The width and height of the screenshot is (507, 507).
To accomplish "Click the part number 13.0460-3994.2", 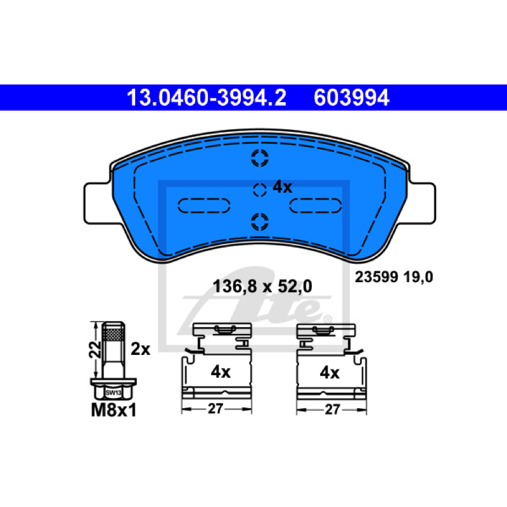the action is click(207, 98).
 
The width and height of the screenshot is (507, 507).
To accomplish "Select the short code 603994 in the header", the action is click(352, 98).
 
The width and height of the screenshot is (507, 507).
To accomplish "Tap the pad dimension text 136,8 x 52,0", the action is click(262, 286).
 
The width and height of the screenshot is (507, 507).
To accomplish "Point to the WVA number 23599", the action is click(376, 277).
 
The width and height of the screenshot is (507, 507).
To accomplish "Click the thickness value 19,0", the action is click(418, 278).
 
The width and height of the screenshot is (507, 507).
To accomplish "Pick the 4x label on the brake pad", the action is click(282, 187).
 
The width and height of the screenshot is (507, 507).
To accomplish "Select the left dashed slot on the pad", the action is click(204, 205).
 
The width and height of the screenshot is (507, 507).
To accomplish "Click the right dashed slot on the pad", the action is click(315, 205).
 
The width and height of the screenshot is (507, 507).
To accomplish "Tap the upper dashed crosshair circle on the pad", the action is click(260, 158).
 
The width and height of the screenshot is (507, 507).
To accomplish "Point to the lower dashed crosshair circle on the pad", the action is click(260, 222).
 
